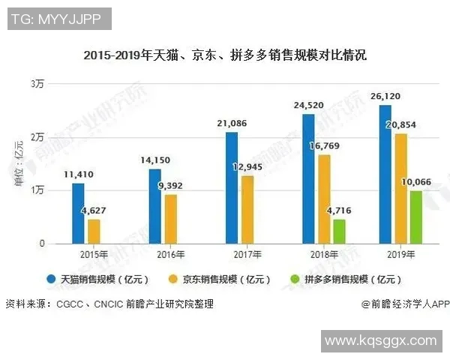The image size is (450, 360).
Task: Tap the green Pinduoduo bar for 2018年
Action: [339, 231]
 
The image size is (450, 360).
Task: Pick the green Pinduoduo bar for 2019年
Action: [415, 217]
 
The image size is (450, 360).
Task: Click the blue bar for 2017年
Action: [232, 187]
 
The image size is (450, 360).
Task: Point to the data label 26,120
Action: [385, 97]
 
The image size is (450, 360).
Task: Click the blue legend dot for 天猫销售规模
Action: [51, 279]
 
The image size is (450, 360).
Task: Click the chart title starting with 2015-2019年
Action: [225, 55]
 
